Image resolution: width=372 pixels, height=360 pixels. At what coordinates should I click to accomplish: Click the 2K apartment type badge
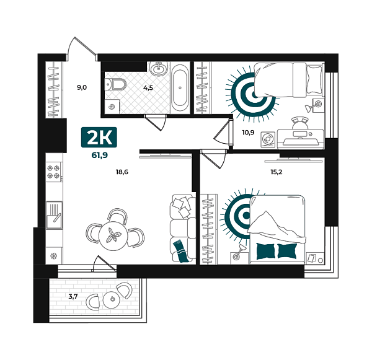99,138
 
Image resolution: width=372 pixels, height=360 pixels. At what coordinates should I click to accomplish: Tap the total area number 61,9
100,156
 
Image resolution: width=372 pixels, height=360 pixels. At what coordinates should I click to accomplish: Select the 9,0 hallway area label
82,87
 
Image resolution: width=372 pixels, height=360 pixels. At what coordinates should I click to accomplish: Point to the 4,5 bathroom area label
148,88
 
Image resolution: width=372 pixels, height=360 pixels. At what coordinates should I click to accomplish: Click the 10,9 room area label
248,133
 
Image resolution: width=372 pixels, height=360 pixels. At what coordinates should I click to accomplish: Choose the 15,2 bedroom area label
277,172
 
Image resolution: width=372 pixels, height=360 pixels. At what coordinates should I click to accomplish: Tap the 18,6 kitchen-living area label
122,172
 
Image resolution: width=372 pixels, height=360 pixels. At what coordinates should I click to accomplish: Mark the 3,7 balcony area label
73,296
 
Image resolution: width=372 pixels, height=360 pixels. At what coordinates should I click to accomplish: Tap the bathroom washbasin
159,69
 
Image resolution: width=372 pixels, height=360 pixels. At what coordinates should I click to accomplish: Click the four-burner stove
54,172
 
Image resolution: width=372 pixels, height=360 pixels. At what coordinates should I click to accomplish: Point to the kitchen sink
54,215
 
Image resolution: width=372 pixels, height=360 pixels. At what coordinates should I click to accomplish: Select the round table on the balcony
112,299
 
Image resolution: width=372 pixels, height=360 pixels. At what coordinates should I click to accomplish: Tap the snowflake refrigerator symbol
53,256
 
